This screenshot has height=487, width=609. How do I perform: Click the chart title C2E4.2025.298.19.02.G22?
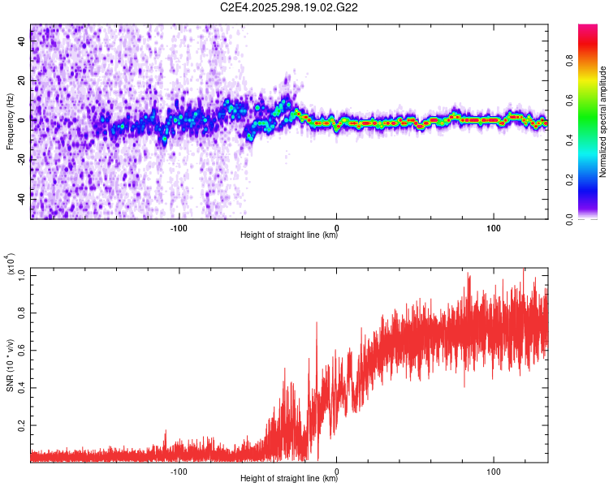(290, 7)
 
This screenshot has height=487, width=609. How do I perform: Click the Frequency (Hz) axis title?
(10, 120)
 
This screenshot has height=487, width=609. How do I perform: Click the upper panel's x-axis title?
(289, 235)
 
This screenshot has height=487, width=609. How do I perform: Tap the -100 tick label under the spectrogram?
(179, 228)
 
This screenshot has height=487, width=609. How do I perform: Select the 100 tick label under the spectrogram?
(494, 228)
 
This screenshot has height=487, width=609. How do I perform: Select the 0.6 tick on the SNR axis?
(21, 350)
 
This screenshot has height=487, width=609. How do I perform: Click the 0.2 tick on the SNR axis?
(21, 425)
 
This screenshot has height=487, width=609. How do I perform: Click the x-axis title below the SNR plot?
(289, 479)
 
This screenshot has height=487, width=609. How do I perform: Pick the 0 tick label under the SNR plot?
(336, 472)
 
